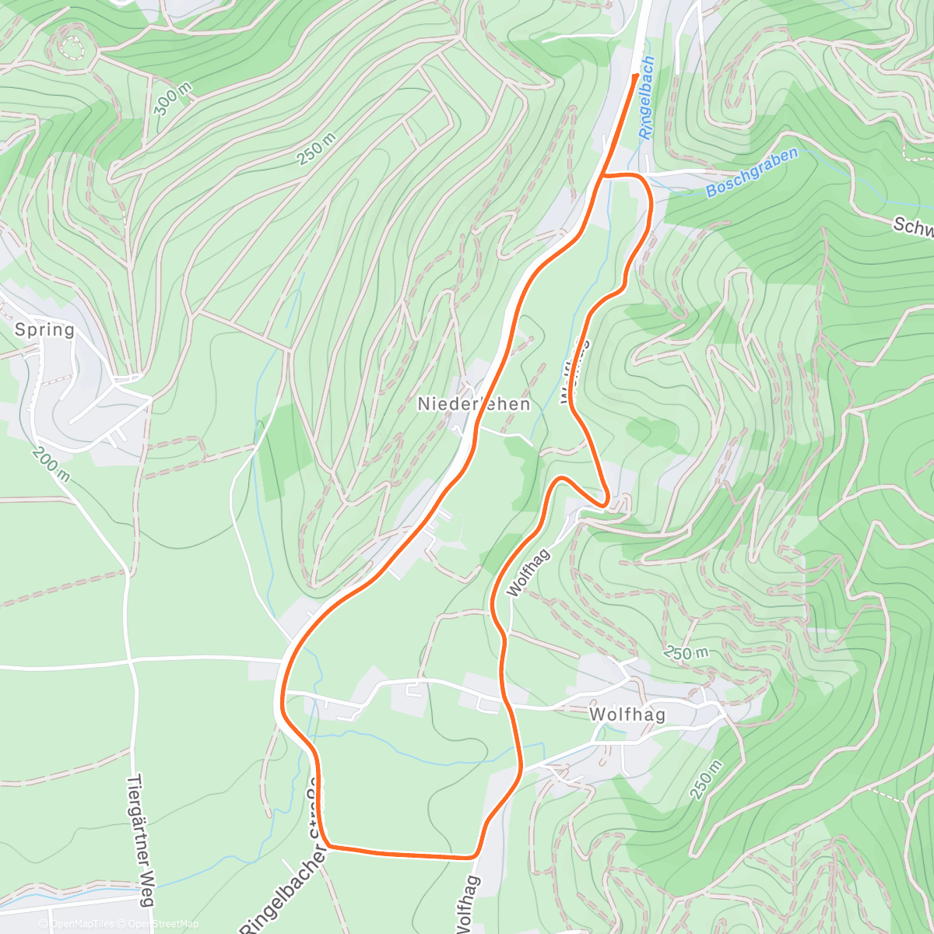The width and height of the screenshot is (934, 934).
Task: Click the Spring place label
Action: [x=45, y=329]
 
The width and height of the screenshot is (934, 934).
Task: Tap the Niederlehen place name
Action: [x=473, y=404]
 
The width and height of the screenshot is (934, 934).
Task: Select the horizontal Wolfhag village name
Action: [x=627, y=715]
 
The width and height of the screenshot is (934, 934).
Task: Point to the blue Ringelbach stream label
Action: [x=647, y=97]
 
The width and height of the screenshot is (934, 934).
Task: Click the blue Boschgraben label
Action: [x=752, y=174]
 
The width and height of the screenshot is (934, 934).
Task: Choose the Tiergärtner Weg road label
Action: [x=137, y=841]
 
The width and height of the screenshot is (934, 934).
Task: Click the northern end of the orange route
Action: [x=637, y=75]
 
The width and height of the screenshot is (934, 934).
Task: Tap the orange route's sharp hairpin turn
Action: [x=605, y=503]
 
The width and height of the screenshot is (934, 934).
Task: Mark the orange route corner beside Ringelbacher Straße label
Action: [x=328, y=844]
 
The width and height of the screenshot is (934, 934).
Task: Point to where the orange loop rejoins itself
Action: [x=602, y=176]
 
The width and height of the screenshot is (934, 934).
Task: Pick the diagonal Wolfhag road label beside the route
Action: [x=528, y=572]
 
